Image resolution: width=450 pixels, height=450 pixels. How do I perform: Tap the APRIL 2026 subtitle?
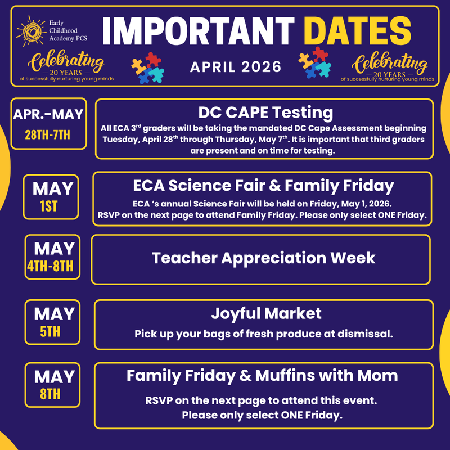(235, 67)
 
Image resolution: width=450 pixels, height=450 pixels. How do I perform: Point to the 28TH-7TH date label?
(49, 135)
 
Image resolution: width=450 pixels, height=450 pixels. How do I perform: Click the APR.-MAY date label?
(48, 114)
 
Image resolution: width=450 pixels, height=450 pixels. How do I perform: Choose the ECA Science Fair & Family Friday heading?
(263, 185)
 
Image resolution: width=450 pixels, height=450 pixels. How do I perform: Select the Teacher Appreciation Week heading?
(263, 258)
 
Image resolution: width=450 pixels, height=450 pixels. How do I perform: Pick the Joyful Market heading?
(266, 313)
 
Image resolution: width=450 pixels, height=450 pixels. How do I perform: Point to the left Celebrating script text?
(66, 61)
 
